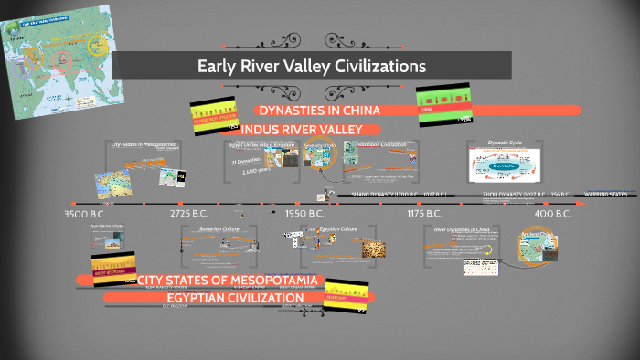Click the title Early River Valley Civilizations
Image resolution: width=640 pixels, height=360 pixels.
click(x=312, y=66)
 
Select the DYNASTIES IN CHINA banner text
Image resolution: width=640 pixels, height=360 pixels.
click(x=317, y=111)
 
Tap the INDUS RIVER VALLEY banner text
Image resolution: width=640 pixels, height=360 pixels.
click(x=302, y=129)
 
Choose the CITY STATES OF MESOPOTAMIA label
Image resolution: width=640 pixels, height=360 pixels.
click(x=227, y=279)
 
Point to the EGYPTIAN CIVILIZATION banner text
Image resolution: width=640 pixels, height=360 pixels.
click(x=235, y=298)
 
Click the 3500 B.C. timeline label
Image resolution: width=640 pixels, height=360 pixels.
click(x=87, y=214)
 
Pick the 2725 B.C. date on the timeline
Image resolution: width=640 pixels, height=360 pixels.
click(x=193, y=214)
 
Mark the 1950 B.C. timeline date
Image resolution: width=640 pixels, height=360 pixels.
click(x=304, y=214)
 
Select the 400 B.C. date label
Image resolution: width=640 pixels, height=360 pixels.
click(x=552, y=214)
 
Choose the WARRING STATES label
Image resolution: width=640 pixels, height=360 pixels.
click(x=605, y=195)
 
